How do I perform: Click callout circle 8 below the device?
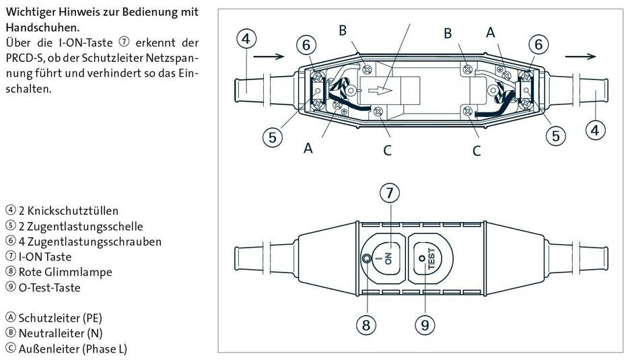[365, 326]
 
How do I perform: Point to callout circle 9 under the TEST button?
[424, 326]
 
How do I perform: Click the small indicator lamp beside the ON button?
[365, 259]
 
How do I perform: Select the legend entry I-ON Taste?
[44, 256]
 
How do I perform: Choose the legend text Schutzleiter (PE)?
[60, 318]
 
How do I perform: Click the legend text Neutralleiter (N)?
[60, 333]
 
